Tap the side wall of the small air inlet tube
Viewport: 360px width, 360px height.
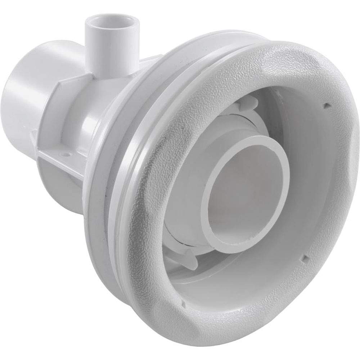[94, 50]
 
